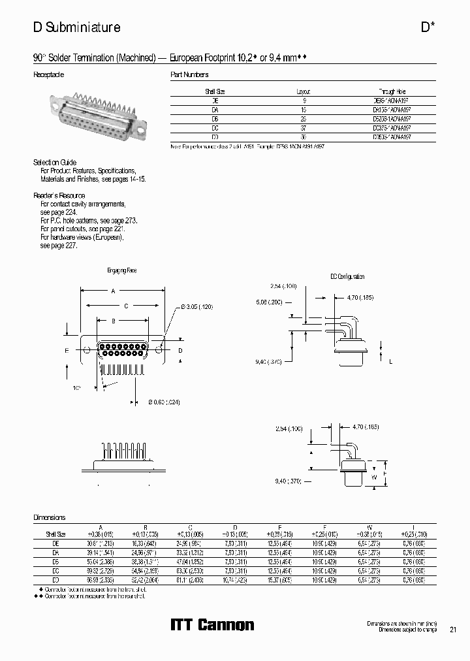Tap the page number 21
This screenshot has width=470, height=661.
pyautogui.click(x=453, y=630)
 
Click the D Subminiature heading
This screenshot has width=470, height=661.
pyautogui.click(x=76, y=27)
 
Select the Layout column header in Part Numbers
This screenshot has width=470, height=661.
pyautogui.click(x=304, y=92)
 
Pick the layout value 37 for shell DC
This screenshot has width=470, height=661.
pyautogui.click(x=304, y=129)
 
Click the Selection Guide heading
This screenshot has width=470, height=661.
pyautogui.click(x=55, y=162)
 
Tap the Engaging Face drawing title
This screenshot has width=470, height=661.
pyautogui.click(x=121, y=270)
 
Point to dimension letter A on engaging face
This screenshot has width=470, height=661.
pyautogui.click(x=113, y=291)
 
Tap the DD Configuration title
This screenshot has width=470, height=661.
pyautogui.click(x=346, y=277)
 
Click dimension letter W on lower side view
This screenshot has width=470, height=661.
pyautogui.click(x=373, y=476)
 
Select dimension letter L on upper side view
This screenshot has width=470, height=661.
pyautogui.click(x=390, y=361)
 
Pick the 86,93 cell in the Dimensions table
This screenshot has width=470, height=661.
pyautogui.click(x=99, y=579)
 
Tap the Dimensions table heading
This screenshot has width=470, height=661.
pyautogui.click(x=50, y=517)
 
